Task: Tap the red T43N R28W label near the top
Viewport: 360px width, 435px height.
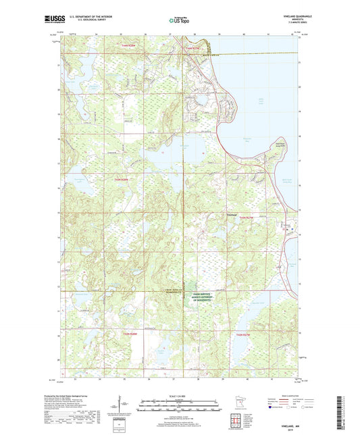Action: (x=132, y=45)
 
